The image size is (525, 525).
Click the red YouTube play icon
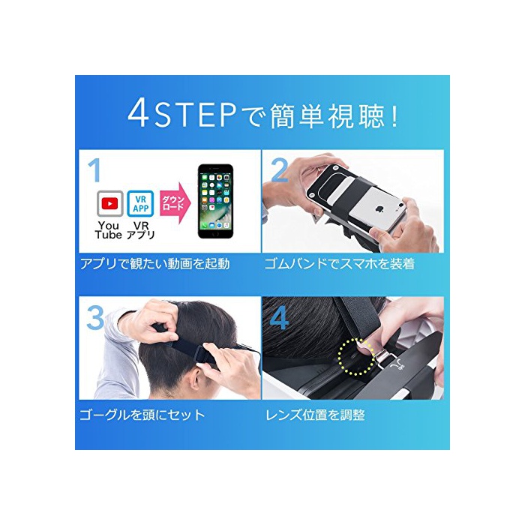pos(110,203)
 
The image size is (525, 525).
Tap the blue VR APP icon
pos(141,203)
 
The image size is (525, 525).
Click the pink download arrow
pos(175,203)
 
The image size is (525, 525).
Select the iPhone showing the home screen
pos(216,201)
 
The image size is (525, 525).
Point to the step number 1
pos(95,170)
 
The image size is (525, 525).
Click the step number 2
pos(279,170)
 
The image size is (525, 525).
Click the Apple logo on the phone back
pos(379,209)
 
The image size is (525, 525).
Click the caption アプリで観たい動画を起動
pos(155,264)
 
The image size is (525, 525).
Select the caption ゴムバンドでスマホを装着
pos(340,264)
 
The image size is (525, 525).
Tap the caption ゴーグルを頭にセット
pos(142,415)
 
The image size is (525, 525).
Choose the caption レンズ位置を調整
pos(315,415)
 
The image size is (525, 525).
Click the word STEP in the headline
pos(195,115)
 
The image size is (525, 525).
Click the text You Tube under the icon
pos(109,230)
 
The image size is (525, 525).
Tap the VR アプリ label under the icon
pos(141,230)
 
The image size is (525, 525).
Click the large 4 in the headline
pos(138,114)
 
